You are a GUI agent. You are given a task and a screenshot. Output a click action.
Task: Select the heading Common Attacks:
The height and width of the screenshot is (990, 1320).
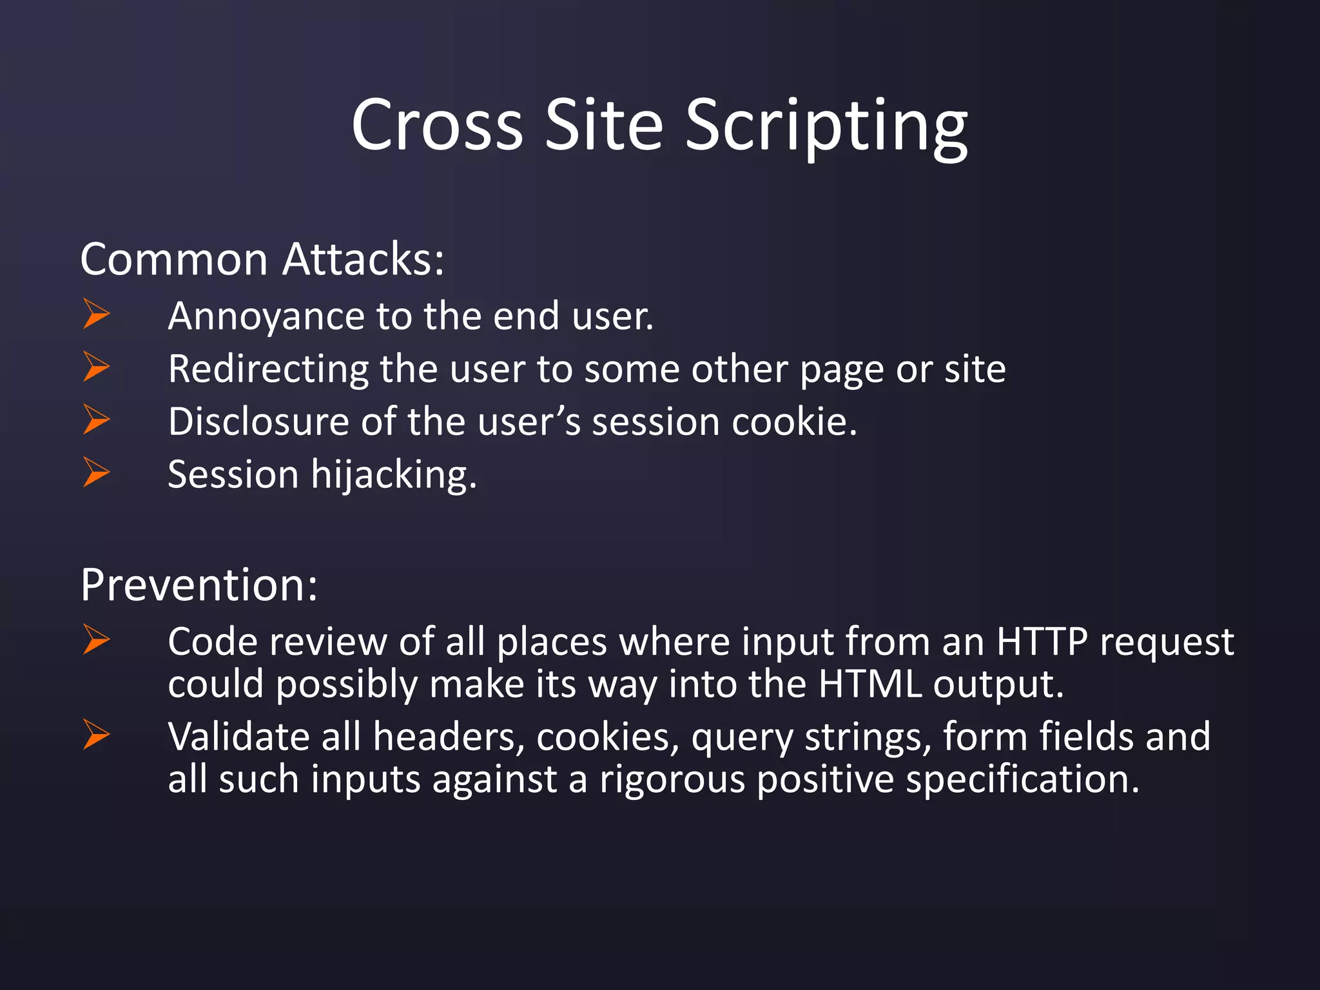click(x=262, y=259)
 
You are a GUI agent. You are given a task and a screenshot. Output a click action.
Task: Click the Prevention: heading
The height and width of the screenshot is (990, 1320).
click(x=199, y=585)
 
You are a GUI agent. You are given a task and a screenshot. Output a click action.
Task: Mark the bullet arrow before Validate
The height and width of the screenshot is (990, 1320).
click(x=96, y=735)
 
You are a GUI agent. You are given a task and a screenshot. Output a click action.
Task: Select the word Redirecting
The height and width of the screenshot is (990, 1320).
click(x=268, y=369)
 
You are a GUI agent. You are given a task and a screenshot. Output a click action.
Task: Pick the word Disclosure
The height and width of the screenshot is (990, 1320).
click(x=258, y=422)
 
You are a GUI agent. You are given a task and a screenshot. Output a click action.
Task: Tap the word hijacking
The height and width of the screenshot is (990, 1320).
click(x=394, y=476)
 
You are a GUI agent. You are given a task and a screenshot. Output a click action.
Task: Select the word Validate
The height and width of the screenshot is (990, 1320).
click(x=238, y=737)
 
